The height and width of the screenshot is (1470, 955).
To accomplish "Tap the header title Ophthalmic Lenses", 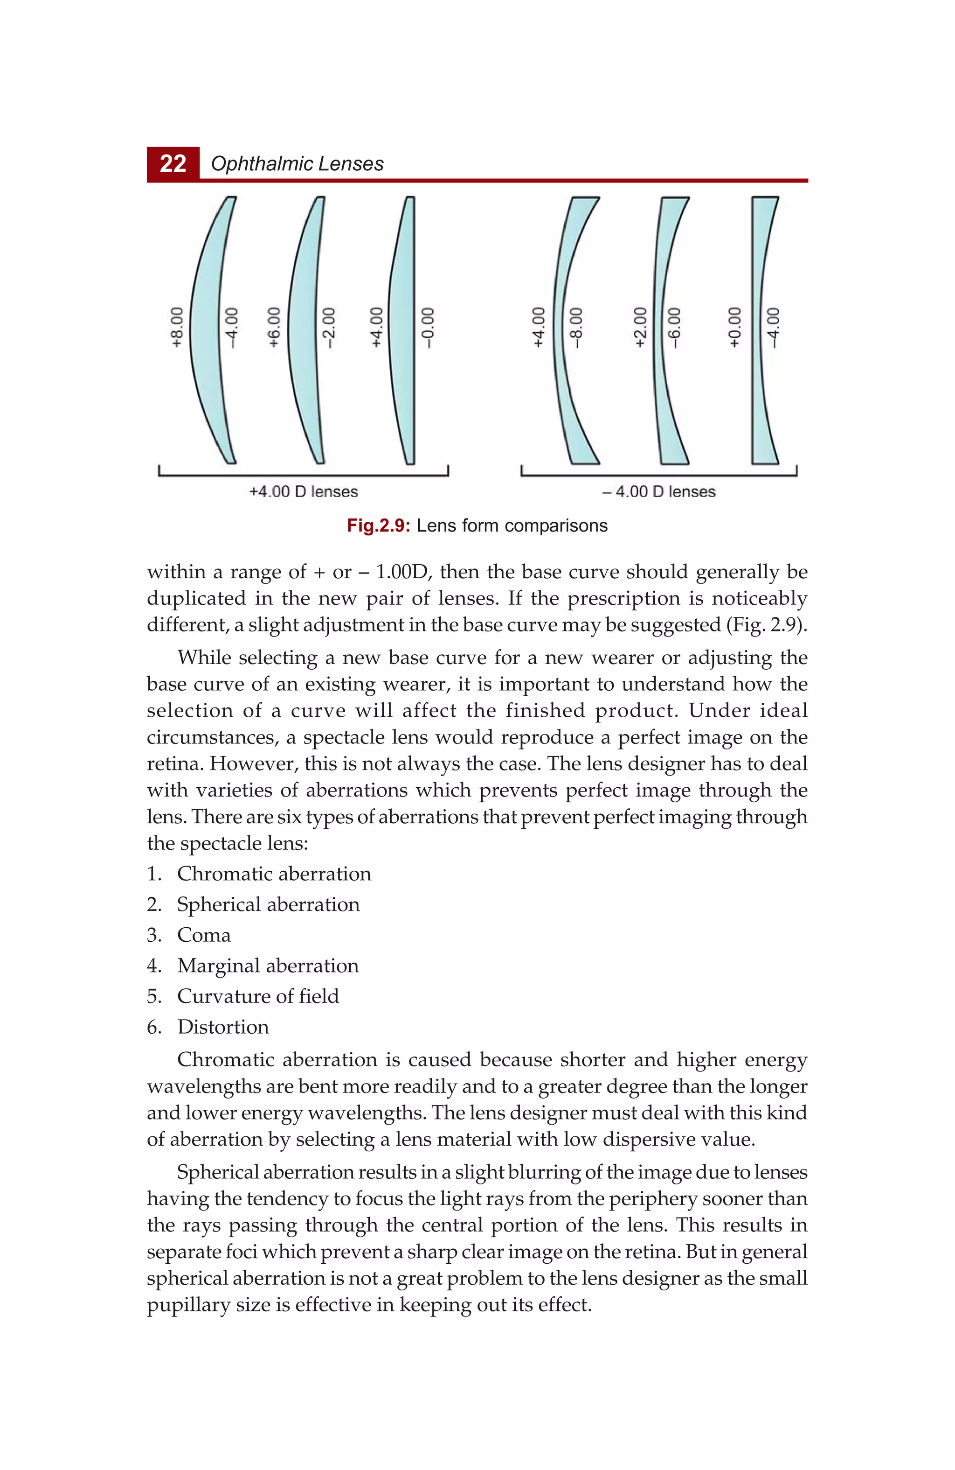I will click(x=297, y=164).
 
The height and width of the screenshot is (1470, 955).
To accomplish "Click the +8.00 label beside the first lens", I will click(x=177, y=327).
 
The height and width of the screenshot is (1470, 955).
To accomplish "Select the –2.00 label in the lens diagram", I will click(x=330, y=327).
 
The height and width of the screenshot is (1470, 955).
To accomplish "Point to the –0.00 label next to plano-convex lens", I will click(x=428, y=327).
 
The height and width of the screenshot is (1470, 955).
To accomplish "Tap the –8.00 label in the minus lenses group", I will click(x=576, y=327).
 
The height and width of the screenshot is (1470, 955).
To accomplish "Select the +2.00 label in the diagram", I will click(x=641, y=327).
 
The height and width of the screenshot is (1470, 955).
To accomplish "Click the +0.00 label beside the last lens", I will click(x=734, y=327).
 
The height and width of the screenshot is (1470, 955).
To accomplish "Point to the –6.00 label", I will click(x=675, y=327).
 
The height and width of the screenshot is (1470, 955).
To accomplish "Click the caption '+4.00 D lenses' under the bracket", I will click(x=303, y=492).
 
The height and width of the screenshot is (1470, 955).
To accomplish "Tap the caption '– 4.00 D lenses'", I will click(x=659, y=492).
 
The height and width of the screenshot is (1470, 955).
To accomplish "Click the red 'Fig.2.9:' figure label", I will click(x=378, y=525).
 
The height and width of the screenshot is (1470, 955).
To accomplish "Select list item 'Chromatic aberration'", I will click(x=274, y=874).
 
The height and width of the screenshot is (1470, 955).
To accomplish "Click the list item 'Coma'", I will click(x=204, y=935).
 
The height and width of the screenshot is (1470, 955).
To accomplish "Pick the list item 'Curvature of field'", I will click(x=258, y=996).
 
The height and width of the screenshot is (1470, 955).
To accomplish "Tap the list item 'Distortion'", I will click(x=223, y=1027).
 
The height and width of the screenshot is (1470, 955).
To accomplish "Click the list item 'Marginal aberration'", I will click(x=268, y=966).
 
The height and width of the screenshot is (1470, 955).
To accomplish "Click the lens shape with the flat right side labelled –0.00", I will click(x=402, y=330).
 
